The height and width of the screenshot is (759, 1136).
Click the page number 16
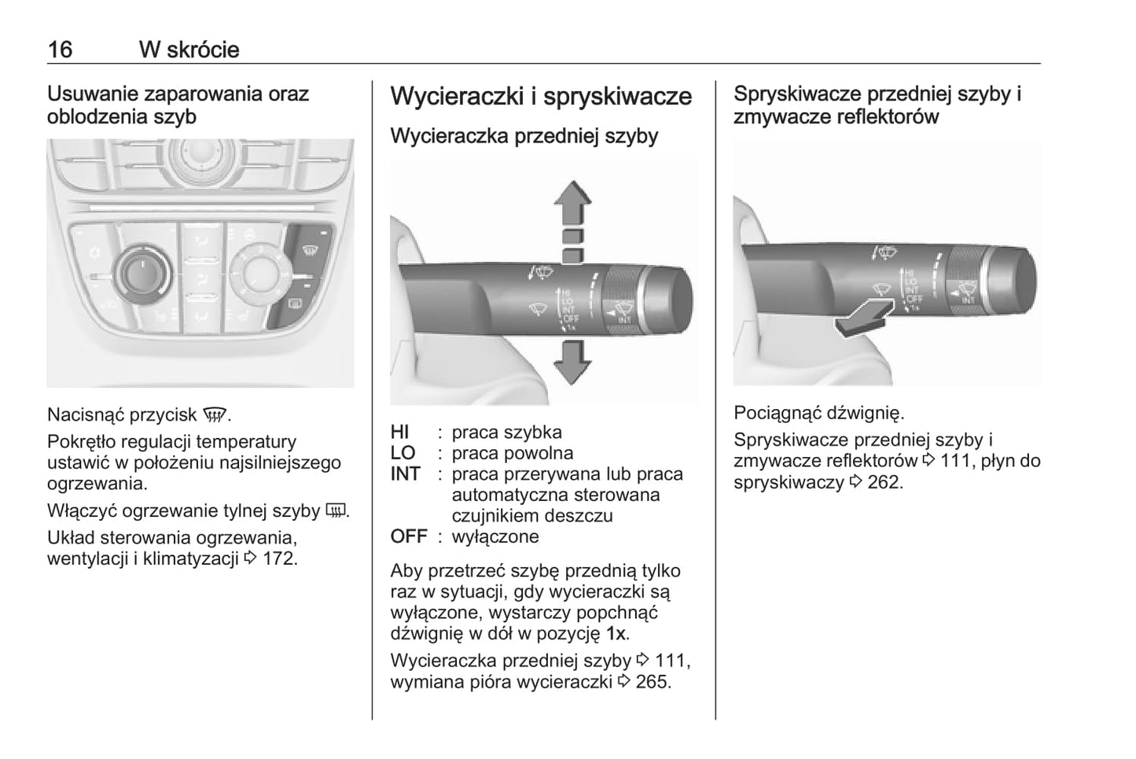click(x=60, y=50)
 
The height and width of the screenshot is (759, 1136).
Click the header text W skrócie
click(x=189, y=50)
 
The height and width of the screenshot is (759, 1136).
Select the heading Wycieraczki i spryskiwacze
click(x=541, y=97)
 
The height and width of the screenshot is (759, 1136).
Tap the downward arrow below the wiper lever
click(x=572, y=363)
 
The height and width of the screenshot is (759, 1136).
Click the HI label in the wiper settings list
click(x=400, y=432)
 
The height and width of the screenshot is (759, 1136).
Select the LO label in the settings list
click(x=403, y=453)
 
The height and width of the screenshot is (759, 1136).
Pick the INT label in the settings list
click(x=406, y=474)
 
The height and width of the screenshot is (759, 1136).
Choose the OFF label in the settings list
click(x=409, y=537)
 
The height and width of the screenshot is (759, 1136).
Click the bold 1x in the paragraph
click(x=617, y=633)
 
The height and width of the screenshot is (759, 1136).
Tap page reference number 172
click(x=280, y=559)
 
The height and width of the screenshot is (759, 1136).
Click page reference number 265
click(x=653, y=681)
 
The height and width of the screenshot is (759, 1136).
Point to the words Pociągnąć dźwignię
click(x=819, y=413)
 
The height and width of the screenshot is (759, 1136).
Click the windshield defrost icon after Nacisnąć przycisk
click(x=215, y=415)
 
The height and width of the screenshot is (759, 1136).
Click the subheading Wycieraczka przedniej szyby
click(x=524, y=136)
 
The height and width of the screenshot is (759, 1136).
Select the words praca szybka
click(x=507, y=432)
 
